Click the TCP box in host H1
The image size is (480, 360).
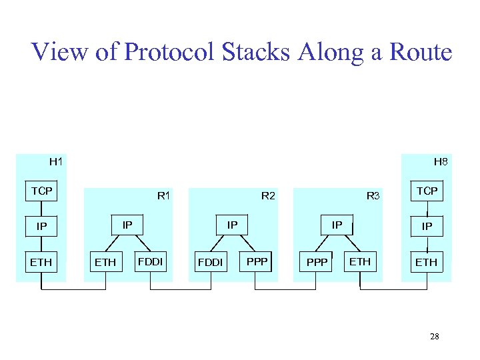(41, 191)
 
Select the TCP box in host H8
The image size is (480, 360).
(427, 191)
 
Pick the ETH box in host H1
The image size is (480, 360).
(41, 262)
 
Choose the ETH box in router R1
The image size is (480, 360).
(105, 262)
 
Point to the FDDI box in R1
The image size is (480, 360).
(151, 261)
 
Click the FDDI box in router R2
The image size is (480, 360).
(211, 262)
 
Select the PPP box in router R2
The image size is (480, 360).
(257, 261)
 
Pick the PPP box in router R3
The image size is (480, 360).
(317, 262)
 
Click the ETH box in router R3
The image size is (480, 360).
(360, 261)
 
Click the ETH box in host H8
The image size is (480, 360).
(427, 262)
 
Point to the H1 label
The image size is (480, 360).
(56, 161)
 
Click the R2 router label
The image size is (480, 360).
(268, 196)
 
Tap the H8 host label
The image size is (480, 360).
(441, 161)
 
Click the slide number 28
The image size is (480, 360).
(434, 337)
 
